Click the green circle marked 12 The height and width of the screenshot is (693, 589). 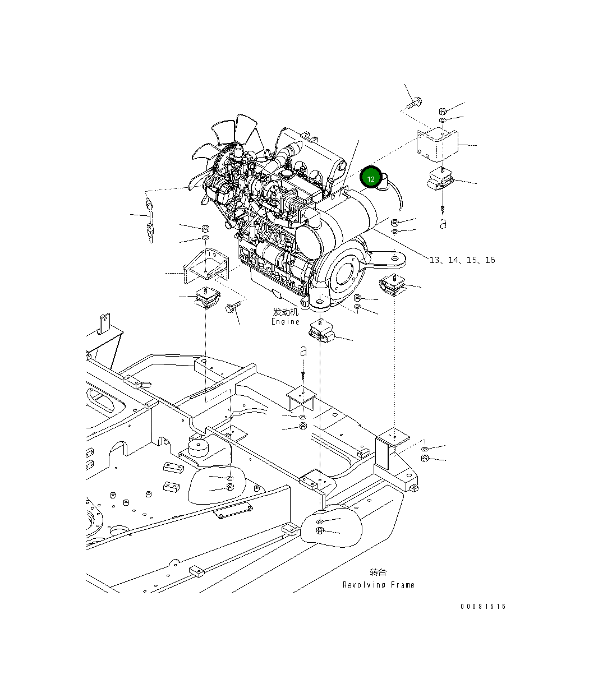pos(371,178)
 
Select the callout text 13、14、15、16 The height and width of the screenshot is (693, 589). pos(462,260)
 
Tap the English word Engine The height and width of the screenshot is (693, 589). pos(286,322)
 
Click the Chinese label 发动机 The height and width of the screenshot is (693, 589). pos(286,312)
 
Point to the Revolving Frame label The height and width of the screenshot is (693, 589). pos(379,585)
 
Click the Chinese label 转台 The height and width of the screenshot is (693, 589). pos(378,572)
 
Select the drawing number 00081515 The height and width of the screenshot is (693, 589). pos(483,607)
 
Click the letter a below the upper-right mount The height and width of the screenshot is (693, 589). pos(443,224)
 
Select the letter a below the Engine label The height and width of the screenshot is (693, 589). pos(303,352)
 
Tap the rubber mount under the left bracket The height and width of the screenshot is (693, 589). pos(207,297)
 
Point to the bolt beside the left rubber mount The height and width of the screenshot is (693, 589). pos(233,307)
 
